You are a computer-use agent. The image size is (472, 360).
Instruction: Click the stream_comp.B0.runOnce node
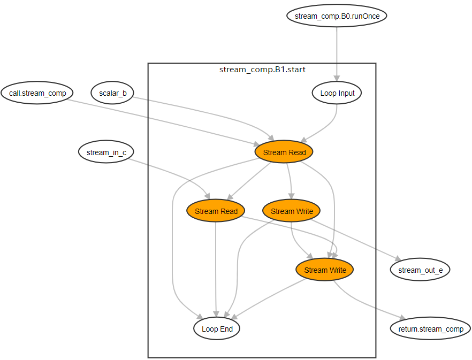337,16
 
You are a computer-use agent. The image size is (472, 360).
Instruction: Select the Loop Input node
337,93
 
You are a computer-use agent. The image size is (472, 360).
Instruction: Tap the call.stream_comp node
37,93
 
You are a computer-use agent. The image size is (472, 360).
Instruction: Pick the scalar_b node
113,93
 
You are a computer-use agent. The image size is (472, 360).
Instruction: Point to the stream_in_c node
106,152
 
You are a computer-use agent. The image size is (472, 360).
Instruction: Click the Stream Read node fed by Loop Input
284,152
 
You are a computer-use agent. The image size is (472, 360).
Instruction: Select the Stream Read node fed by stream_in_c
216,211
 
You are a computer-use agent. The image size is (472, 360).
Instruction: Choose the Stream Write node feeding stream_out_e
292,211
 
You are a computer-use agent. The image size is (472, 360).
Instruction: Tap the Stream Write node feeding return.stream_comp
325,270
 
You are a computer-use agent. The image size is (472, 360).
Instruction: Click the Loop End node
217,329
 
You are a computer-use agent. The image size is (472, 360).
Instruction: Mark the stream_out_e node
420,270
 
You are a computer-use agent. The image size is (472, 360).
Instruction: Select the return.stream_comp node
430,329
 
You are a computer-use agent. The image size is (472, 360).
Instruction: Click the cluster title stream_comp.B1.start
262,70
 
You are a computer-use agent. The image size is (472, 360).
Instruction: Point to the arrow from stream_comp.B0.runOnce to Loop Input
337,53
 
